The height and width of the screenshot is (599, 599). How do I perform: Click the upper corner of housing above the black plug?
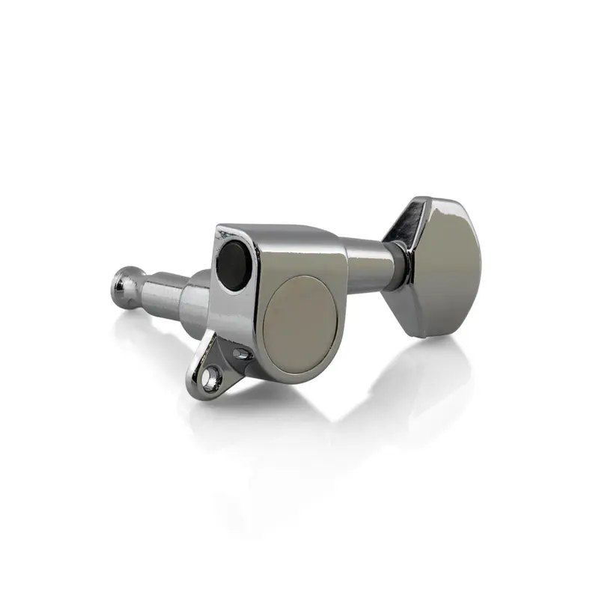[x=222, y=228]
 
